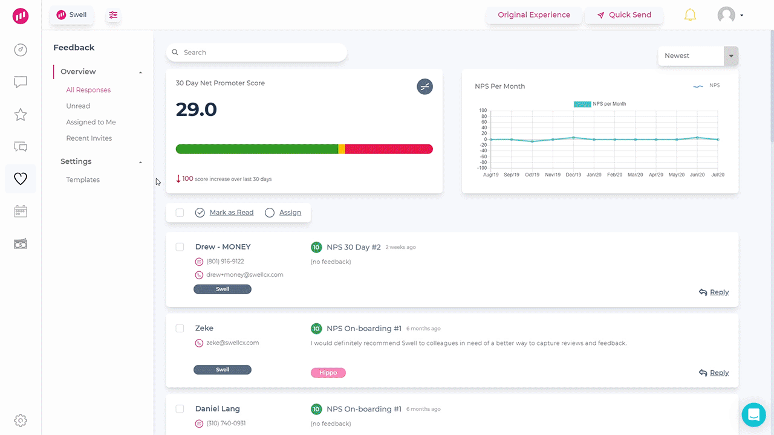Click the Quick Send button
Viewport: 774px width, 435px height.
click(624, 15)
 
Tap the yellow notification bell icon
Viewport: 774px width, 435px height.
click(690, 15)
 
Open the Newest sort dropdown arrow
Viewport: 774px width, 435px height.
click(731, 56)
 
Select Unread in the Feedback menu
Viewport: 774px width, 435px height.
click(78, 106)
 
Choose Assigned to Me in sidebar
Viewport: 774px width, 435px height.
click(91, 122)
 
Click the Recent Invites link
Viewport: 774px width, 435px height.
click(89, 138)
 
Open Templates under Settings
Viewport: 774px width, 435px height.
click(83, 180)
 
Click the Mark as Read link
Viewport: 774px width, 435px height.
click(231, 213)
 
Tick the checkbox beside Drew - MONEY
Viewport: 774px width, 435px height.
click(180, 247)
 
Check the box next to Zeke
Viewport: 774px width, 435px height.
click(180, 329)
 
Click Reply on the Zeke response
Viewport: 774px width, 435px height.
click(714, 373)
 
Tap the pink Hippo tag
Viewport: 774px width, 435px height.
click(328, 373)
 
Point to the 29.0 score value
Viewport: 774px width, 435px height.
click(197, 110)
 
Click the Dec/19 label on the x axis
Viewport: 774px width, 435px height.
click(573, 175)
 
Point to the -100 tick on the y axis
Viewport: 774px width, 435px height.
click(482, 168)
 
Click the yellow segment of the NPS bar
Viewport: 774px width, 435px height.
click(342, 149)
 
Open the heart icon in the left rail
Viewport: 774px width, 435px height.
click(21, 179)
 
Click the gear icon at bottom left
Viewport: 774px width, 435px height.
click(21, 420)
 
